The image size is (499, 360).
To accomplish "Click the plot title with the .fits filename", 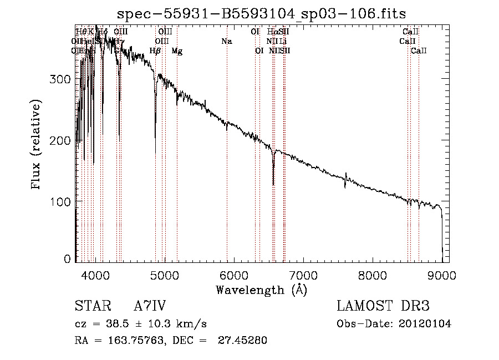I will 261,15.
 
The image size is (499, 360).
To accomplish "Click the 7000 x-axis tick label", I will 303,274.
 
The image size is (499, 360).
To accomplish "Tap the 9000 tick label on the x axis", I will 442,274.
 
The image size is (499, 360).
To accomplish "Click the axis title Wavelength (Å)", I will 261,290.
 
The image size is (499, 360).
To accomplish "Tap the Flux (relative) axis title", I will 37,146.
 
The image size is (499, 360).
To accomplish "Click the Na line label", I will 226,41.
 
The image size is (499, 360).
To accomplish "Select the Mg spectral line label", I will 177,51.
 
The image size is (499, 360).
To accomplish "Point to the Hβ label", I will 155,51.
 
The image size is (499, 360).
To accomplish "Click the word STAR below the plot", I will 91,306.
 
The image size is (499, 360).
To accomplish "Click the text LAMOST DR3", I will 383,306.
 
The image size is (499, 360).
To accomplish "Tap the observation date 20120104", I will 426,324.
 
